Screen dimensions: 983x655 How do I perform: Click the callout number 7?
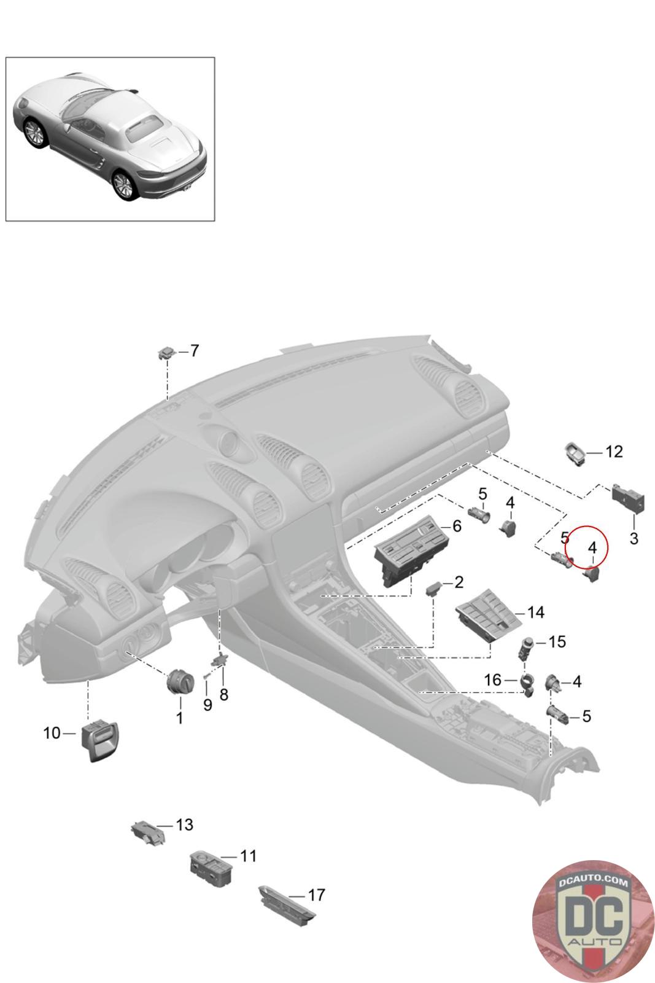click(195, 351)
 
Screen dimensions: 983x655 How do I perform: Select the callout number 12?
click(613, 452)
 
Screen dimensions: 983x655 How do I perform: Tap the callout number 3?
click(634, 539)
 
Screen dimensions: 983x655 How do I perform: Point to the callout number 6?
click(456, 526)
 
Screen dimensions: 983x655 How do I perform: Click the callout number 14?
click(535, 613)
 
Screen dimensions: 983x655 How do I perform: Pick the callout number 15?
click(556, 642)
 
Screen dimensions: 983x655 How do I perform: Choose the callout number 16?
click(493, 679)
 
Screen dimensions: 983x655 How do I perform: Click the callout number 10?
click(52, 733)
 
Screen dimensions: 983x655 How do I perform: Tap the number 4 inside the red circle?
click(592, 547)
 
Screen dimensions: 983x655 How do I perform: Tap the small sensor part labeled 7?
click(166, 352)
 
